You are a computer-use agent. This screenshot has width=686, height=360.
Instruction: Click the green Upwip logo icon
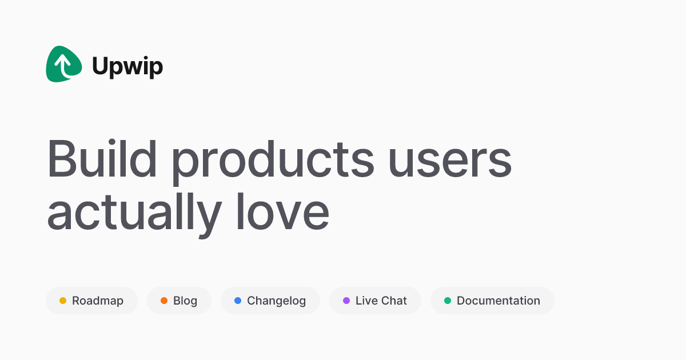click(x=63, y=64)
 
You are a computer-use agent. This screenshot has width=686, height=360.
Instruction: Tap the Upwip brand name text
click(x=127, y=67)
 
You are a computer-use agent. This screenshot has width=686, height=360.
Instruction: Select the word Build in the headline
click(x=102, y=159)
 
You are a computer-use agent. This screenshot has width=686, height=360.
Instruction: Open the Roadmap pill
click(x=91, y=301)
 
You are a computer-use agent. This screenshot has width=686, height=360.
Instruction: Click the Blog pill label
click(x=185, y=301)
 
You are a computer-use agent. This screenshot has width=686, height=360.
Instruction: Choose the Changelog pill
click(x=270, y=301)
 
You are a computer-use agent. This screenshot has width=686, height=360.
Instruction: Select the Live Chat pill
click(x=375, y=301)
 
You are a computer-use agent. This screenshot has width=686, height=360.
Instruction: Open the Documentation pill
click(x=492, y=301)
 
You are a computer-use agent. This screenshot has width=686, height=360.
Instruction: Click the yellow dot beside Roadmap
click(x=63, y=301)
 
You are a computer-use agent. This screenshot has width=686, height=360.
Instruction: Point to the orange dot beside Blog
click(x=164, y=301)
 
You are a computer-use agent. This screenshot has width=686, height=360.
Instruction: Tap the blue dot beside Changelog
click(x=238, y=301)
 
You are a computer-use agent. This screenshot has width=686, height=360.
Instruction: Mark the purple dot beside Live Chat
click(x=346, y=301)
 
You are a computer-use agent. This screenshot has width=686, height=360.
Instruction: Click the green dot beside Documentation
click(x=448, y=301)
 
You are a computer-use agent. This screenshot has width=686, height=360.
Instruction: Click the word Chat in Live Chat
click(x=393, y=301)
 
